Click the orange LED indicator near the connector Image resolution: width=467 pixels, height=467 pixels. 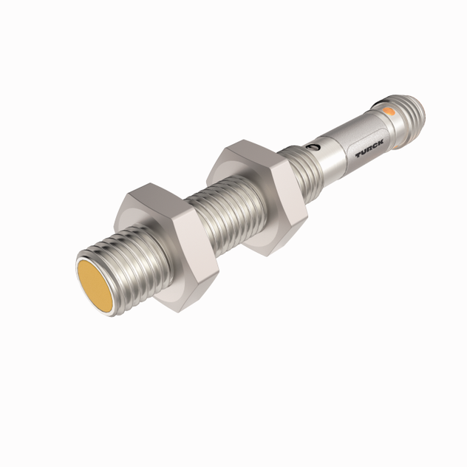pos(389,111)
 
